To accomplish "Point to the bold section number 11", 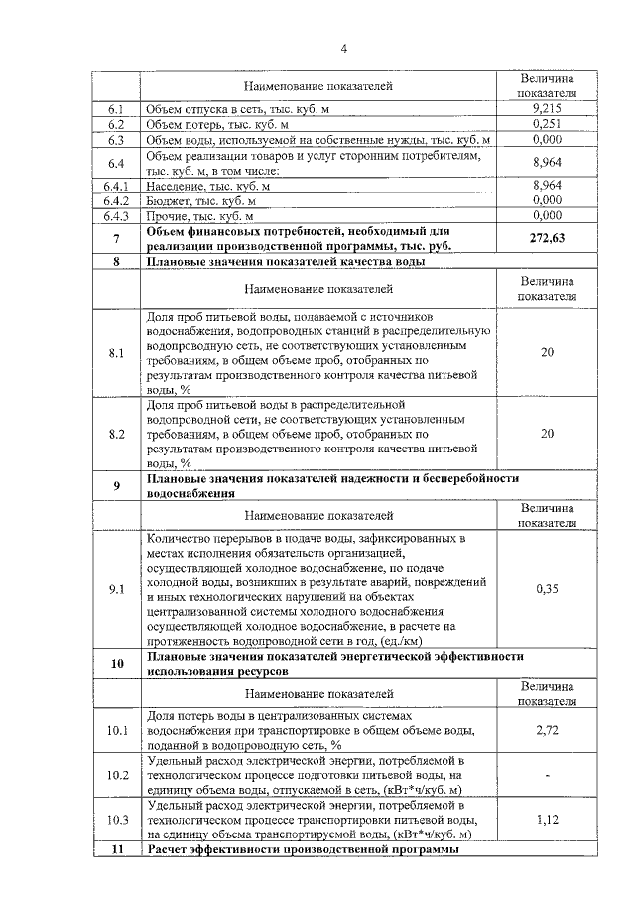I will pos(117,851).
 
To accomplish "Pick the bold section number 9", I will pos(117,485).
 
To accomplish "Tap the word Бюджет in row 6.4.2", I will pos(170,199).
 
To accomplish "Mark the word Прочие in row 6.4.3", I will pos(168,214).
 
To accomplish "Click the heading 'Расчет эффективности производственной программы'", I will pos(304,851).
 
